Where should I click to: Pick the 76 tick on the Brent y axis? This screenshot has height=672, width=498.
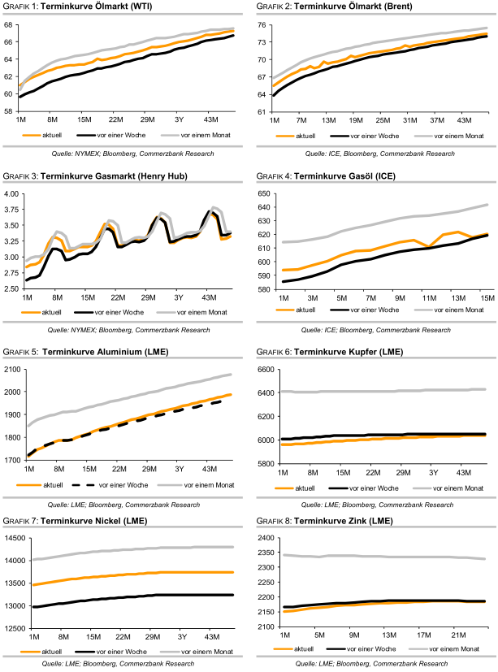point(262,24)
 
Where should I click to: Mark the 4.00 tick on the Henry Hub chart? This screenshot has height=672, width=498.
point(11,194)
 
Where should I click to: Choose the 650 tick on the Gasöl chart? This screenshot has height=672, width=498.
point(263,194)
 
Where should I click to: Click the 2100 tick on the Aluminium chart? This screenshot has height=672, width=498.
point(11,369)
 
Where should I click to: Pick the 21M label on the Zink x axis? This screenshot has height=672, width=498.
point(456,635)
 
